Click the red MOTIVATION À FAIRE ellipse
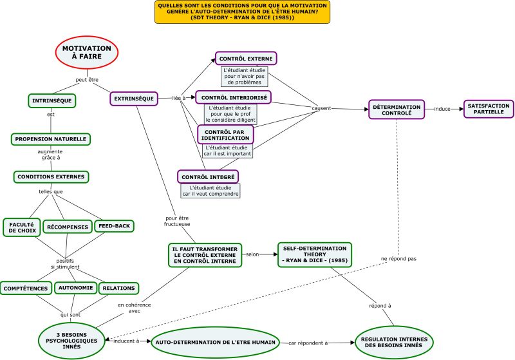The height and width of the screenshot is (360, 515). point(87,53)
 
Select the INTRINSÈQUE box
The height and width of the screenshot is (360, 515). point(52,101)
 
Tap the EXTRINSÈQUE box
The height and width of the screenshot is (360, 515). point(134,99)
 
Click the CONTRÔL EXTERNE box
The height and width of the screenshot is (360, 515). point(246,59)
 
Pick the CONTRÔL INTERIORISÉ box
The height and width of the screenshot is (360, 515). point(234,97)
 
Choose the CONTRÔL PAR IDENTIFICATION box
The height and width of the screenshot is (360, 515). point(225,135)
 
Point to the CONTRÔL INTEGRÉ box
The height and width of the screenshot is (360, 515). point(208,177)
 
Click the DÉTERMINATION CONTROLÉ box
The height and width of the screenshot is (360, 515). point(397,109)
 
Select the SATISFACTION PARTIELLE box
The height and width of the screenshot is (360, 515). point(489,109)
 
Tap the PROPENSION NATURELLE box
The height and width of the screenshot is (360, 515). point(51,139)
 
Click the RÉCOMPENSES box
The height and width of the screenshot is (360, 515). point(68,227)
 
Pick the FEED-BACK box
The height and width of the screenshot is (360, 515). point(114,226)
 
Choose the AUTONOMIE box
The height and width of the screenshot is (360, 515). point(75,288)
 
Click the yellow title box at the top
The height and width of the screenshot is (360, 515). point(243,12)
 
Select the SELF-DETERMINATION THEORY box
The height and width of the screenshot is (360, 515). point(315,254)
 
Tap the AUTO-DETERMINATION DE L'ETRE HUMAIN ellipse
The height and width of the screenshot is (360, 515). point(216,342)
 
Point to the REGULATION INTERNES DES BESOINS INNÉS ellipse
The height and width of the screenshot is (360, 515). point(394,342)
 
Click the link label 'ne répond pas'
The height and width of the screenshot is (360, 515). point(398,259)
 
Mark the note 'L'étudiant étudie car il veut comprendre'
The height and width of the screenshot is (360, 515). point(211,191)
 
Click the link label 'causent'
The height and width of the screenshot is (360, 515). point(321,108)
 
